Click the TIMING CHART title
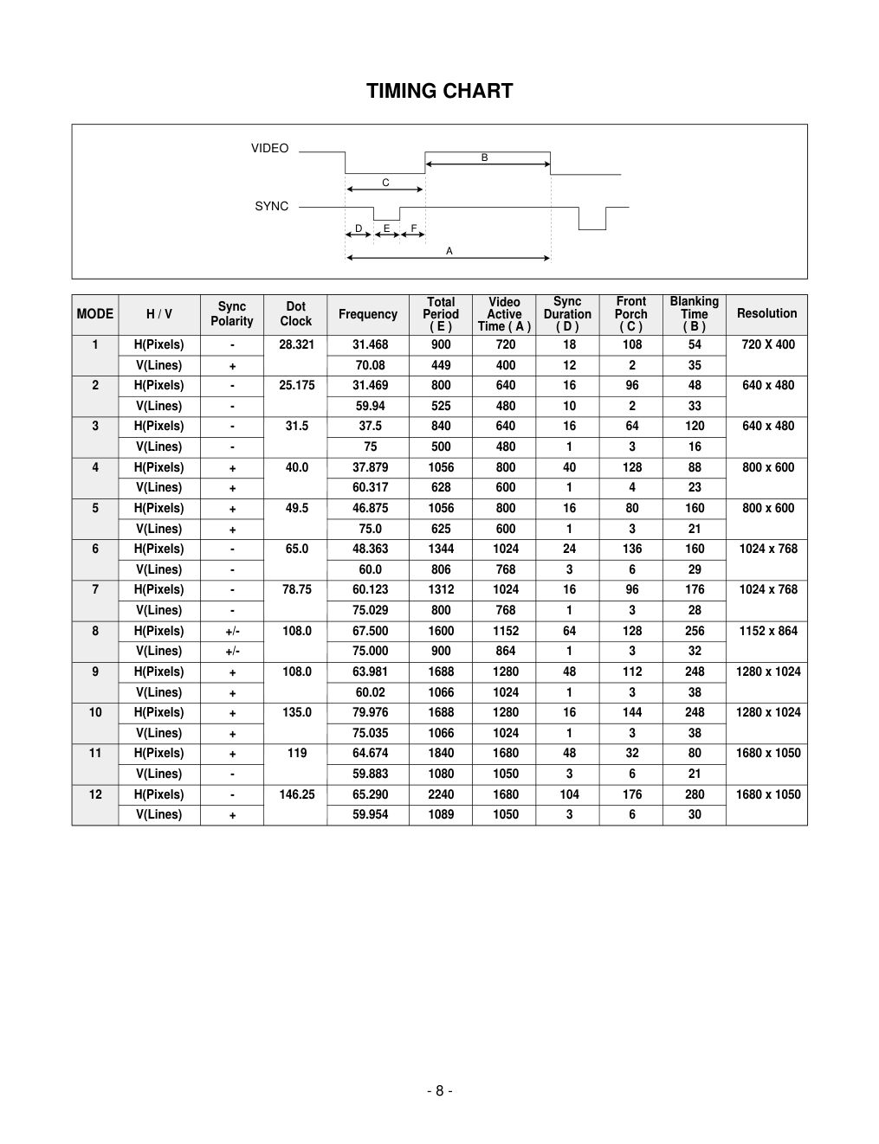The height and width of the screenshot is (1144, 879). tap(439, 91)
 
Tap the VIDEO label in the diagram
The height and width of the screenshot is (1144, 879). tap(269, 148)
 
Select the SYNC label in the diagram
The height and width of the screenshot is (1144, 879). tap(271, 206)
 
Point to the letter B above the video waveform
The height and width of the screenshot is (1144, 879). tap(485, 157)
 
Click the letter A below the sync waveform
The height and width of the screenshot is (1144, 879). tap(449, 251)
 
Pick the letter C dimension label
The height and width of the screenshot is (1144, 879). tap(386, 183)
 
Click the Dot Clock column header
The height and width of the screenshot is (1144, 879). tap(295, 314)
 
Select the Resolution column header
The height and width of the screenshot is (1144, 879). tap(766, 313)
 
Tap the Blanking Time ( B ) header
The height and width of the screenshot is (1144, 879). tap(694, 314)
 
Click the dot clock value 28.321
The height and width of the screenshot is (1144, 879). tap(297, 344)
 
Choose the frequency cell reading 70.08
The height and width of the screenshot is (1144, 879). tap(370, 365)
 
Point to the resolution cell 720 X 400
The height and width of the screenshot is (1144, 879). tap(768, 344)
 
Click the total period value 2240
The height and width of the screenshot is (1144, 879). tap(441, 794)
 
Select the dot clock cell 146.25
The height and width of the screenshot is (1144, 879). tap(297, 794)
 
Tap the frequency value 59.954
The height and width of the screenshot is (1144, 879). tap(370, 814)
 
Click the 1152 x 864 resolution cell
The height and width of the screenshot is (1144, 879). tap(768, 631)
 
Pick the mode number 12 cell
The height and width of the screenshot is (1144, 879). tap(95, 794)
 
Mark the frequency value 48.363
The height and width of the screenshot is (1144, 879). tap(370, 549)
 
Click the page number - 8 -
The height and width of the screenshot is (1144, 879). tap(439, 1090)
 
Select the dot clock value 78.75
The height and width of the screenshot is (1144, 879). tap(297, 589)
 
